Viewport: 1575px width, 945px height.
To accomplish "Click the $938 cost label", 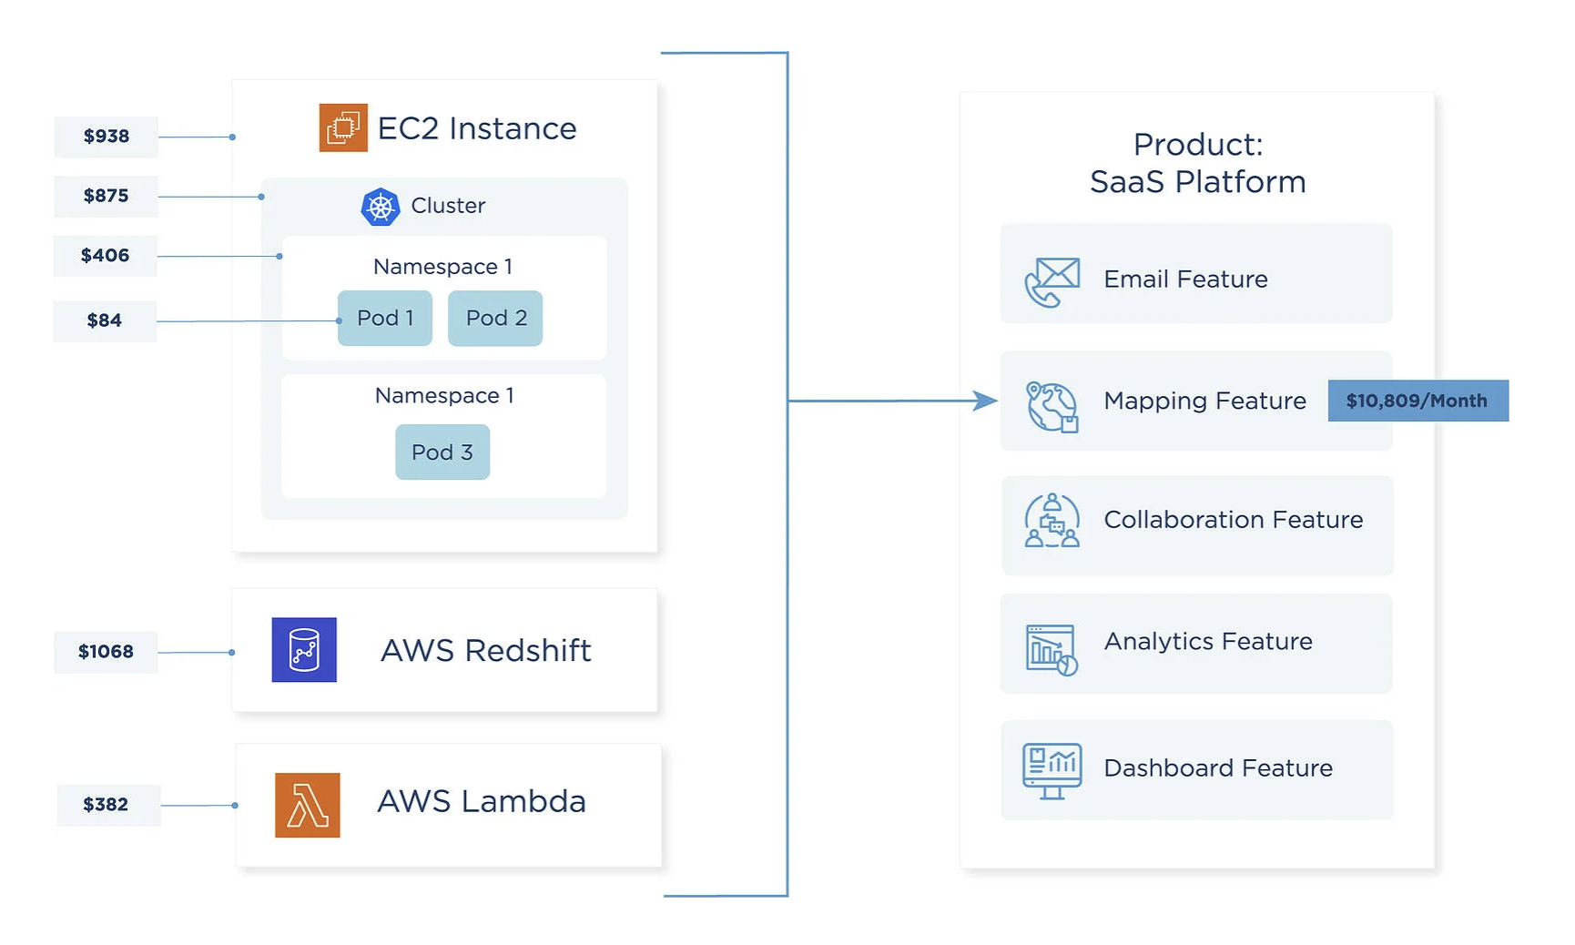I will [107, 137].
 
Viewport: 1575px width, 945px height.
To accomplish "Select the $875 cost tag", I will [107, 196].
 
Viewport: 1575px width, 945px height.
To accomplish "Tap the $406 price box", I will [106, 256].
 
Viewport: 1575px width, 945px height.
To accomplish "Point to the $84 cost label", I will [105, 320].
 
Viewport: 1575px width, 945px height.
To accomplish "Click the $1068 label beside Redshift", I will [106, 652].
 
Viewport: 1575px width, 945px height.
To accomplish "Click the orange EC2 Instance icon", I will [343, 127].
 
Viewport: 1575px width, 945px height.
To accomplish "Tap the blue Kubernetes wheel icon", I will [381, 207].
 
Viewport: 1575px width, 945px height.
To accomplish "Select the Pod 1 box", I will [385, 318].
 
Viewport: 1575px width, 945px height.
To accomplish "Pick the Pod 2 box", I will [495, 318].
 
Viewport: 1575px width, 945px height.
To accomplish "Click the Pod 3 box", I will [442, 452].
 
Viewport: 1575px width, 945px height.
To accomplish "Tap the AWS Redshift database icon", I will [304, 650].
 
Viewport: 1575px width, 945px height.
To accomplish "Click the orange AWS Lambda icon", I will [308, 805].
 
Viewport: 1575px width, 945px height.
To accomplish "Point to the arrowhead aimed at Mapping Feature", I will [985, 401].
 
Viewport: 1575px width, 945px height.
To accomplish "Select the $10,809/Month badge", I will [1417, 401].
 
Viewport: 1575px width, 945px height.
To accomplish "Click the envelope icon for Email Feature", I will [1052, 280].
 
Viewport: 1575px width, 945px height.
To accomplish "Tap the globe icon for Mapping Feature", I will [1052, 406].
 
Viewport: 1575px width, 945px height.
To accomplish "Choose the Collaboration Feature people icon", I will [1052, 521].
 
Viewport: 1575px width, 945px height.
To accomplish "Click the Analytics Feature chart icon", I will [1052, 649].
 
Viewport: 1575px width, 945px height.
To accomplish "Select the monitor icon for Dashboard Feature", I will [1052, 770].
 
